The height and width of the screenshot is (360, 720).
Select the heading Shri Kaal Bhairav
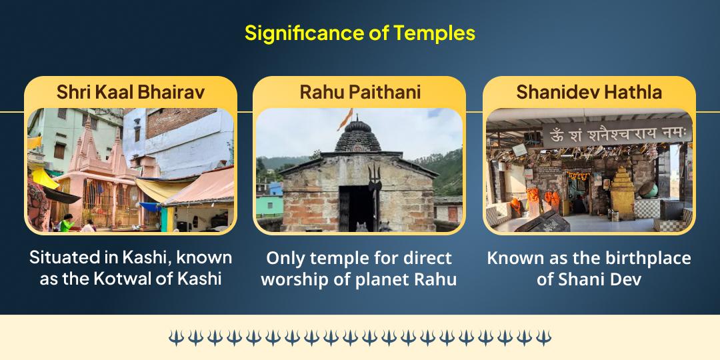click(131, 92)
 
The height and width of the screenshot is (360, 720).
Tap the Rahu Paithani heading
click(360, 92)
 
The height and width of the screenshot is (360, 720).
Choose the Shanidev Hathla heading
click(589, 92)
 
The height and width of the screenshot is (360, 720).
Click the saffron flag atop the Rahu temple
click(345, 119)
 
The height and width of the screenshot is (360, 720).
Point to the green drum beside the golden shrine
click(649, 189)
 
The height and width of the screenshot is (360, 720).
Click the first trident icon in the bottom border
click(175, 338)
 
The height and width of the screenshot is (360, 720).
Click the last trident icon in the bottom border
click(544, 338)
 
